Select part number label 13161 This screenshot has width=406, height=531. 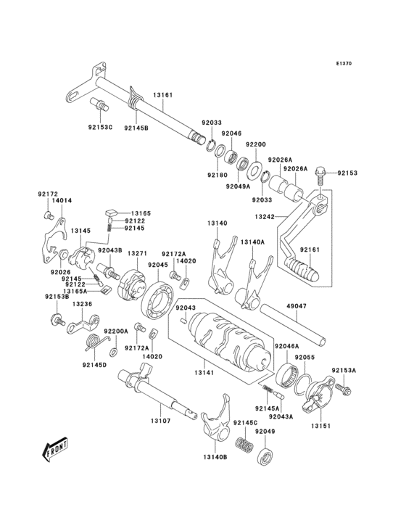tap(162, 95)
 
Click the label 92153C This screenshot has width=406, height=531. tap(101, 128)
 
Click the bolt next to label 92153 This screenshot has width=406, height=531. tap(323, 173)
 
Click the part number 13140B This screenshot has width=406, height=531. tap(215, 457)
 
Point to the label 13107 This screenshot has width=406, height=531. tap(161, 421)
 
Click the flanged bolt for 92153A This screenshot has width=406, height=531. tap(343, 390)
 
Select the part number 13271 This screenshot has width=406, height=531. tap(138, 254)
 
